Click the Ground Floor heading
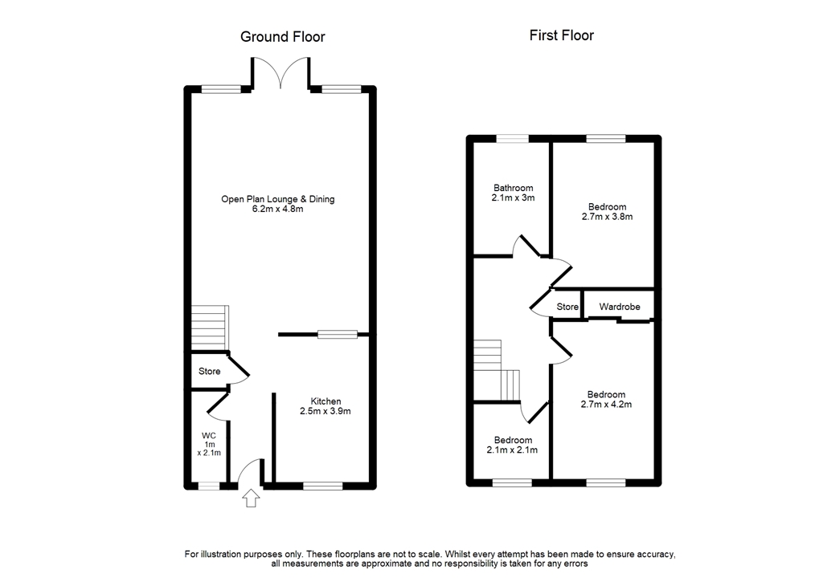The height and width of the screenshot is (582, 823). click(x=283, y=37)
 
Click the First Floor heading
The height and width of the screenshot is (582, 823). click(x=561, y=35)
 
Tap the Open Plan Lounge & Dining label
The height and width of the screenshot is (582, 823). click(x=278, y=199)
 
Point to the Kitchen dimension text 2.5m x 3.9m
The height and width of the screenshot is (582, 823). click(x=326, y=411)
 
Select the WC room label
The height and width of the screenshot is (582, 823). click(x=209, y=436)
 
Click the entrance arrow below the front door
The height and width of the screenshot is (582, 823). click(x=252, y=499)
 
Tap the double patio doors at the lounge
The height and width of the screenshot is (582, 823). click(x=280, y=72)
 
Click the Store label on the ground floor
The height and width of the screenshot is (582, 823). click(x=210, y=372)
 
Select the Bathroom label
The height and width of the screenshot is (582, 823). click(x=514, y=188)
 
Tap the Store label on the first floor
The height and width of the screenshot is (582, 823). click(x=567, y=307)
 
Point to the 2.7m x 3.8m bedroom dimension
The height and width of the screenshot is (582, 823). click(x=606, y=217)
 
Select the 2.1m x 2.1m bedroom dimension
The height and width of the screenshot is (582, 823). click(x=513, y=450)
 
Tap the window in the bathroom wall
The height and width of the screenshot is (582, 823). click(x=512, y=139)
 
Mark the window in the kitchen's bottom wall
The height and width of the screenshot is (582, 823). click(x=322, y=485)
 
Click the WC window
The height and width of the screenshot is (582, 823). click(x=209, y=485)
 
